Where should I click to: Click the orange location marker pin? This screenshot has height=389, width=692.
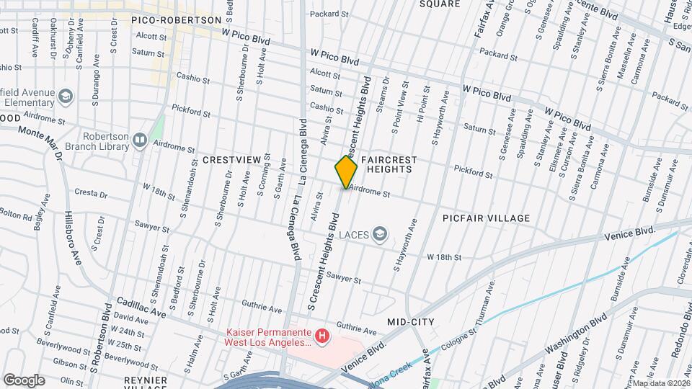pos(346,171)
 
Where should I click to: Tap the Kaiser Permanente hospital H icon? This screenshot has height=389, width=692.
pos(323,335)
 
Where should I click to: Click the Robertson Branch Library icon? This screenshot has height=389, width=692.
pos(140,140)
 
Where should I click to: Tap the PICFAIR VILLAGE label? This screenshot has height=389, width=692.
pos(487,218)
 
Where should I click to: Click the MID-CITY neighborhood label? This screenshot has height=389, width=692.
pos(411,321)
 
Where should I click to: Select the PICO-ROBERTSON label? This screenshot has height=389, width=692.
pos(172,20)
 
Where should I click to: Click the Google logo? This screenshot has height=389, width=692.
pos(24,380)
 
